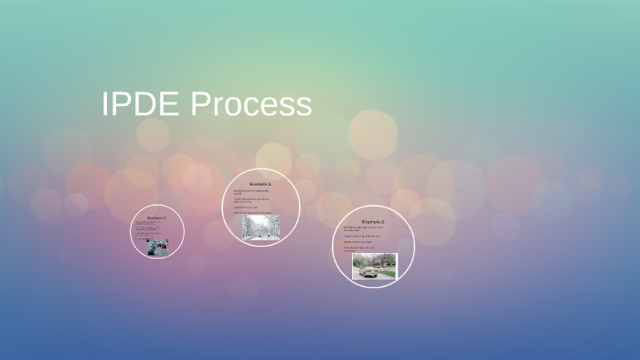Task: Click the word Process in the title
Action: pyautogui.click(x=251, y=104)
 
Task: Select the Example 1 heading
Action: pyautogui.click(x=157, y=217)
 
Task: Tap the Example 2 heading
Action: pyautogui.click(x=261, y=185)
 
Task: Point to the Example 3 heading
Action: pyautogui.click(x=373, y=222)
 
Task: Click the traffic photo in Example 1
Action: pyautogui.click(x=158, y=247)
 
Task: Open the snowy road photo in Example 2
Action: pyautogui.click(x=261, y=228)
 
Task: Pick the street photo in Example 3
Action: pyautogui.click(x=375, y=266)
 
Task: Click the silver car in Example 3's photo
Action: pyautogui.click(x=369, y=270)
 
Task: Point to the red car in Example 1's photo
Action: pyautogui.click(x=163, y=247)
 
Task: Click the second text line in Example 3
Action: pyautogui.click(x=362, y=236)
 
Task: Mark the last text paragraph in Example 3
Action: pyautogui.click(x=360, y=249)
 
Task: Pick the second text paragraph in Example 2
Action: pyautogui.click(x=251, y=200)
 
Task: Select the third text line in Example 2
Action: pyautogui.click(x=247, y=206)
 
